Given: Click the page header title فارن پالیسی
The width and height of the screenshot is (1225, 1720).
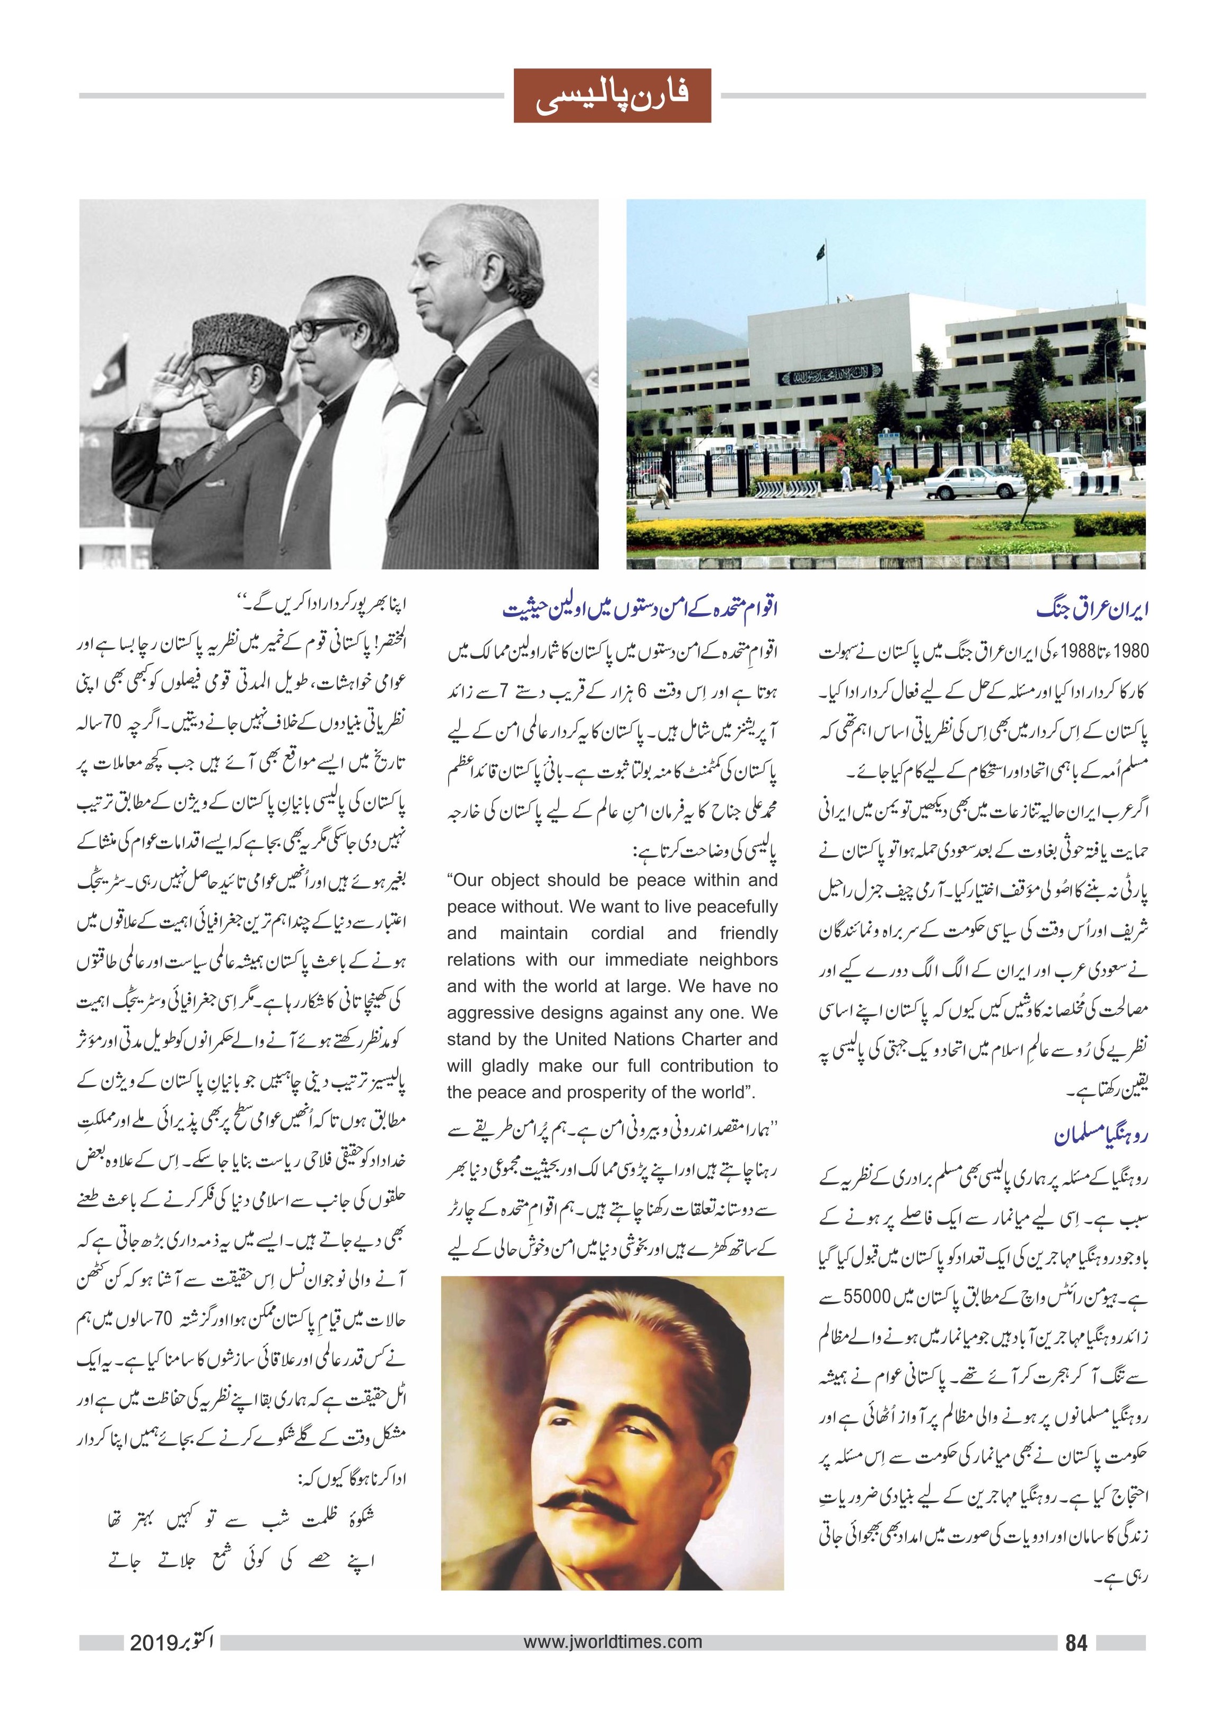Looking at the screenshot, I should pos(612,96).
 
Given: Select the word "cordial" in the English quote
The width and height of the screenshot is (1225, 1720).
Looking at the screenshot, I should pos(617,933).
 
